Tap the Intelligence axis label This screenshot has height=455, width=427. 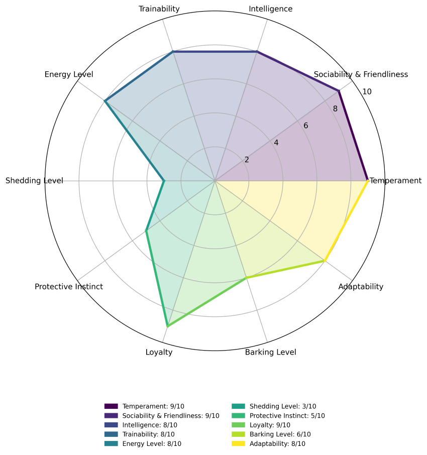(x=271, y=9)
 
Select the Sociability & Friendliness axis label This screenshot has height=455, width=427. (x=361, y=74)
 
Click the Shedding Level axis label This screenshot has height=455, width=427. (x=34, y=180)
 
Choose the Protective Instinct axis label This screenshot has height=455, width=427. (x=69, y=287)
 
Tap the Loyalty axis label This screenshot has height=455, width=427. (x=159, y=352)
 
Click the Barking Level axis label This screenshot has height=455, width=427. (x=271, y=352)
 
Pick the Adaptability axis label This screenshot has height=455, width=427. (x=361, y=287)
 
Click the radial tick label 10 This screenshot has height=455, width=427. (x=367, y=91)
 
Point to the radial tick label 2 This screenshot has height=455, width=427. (x=246, y=160)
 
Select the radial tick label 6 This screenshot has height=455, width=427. (x=305, y=126)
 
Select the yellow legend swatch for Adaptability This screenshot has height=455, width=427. (x=238, y=444)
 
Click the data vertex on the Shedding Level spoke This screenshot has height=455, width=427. (x=164, y=180)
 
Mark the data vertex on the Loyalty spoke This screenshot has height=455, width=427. (x=167, y=326)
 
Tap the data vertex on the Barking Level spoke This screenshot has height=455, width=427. (x=246, y=278)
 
